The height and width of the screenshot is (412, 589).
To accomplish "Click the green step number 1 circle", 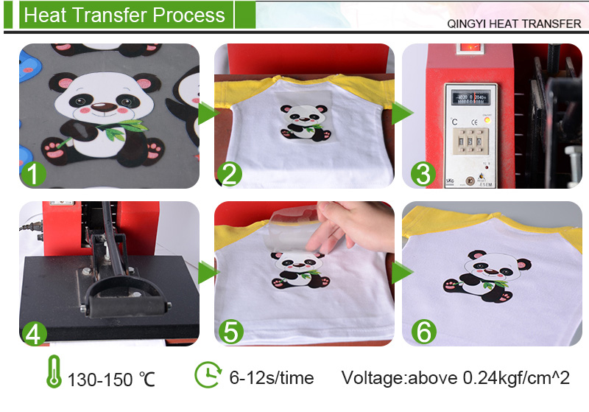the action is click(34, 174).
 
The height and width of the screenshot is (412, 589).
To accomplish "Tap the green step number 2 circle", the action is click(230, 174).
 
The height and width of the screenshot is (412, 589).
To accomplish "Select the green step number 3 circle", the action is click(423, 174).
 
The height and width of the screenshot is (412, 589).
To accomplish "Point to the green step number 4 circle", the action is click(34, 332).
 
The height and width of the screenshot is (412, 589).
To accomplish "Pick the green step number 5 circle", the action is click(230, 332).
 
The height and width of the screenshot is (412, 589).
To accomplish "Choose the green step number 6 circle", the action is click(424, 332).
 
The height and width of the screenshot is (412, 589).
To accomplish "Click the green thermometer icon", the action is click(54, 371).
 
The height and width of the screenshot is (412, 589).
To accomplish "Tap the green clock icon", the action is click(208, 374).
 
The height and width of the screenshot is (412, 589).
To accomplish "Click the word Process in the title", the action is click(188, 15).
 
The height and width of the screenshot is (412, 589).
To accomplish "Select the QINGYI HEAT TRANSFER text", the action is click(514, 24).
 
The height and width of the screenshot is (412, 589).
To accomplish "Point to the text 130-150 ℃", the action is click(111, 380).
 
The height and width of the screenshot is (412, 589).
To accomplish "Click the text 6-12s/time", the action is click(272, 378).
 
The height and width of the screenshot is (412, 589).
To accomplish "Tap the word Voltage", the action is click(373, 378).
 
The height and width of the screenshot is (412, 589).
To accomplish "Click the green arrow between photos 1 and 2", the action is click(208, 113).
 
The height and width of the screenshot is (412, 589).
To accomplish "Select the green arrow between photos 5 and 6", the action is click(402, 273).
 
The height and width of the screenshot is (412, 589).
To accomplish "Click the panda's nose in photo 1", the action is click(104, 107).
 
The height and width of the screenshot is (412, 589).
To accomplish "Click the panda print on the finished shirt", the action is click(487, 275).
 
